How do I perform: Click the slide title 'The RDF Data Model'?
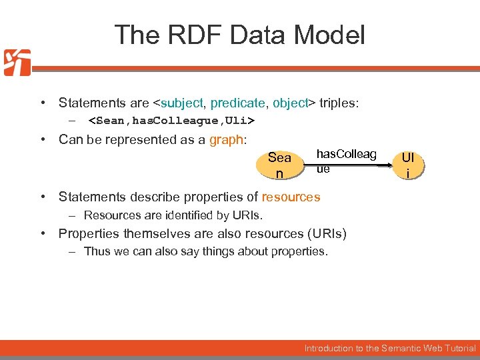click(x=239, y=35)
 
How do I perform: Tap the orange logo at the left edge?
click(x=17, y=63)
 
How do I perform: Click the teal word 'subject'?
click(x=182, y=103)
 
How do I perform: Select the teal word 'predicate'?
click(x=237, y=103)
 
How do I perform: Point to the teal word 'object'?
click(x=289, y=103)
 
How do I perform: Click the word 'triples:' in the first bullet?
click(x=339, y=103)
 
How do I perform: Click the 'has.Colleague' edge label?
click(x=345, y=161)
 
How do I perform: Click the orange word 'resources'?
click(x=291, y=197)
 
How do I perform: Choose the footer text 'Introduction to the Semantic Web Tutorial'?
click(x=390, y=348)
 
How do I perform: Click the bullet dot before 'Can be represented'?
click(x=42, y=140)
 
